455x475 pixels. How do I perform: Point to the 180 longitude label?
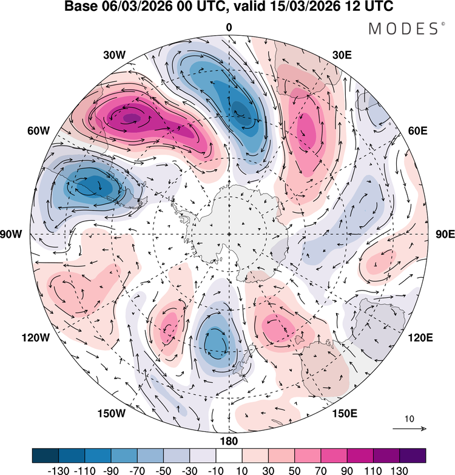tap(229, 441)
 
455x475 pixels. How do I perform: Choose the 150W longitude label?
tap(110, 414)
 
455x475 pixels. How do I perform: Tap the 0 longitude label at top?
tap(229, 27)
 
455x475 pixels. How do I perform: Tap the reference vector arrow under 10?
tap(409, 429)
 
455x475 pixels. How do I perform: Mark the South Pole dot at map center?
tap(229, 234)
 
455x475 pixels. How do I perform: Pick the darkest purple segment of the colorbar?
tap(412, 455)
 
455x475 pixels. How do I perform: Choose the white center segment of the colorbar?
tap(229, 455)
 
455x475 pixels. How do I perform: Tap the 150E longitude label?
tap(344, 414)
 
